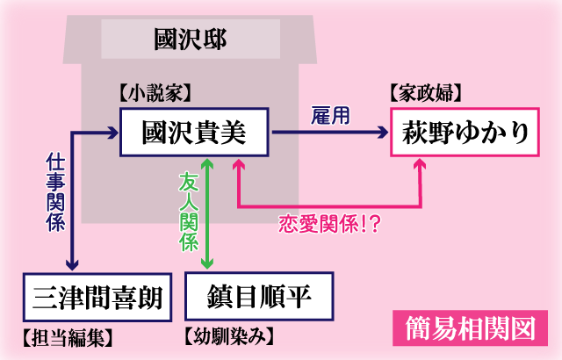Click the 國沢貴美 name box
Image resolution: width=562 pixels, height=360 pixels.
pyautogui.click(x=194, y=133)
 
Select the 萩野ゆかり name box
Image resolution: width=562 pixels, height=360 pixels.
pyautogui.click(x=466, y=133)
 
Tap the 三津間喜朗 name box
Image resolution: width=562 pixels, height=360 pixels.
pyautogui.click(x=94, y=296)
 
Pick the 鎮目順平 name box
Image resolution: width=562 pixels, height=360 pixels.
pyautogui.click(x=260, y=296)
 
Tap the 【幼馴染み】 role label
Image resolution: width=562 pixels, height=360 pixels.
pyautogui.click(x=231, y=335)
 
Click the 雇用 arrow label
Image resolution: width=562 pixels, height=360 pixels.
pyautogui.click(x=330, y=115)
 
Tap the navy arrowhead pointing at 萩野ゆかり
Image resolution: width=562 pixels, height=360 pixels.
pyautogui.click(x=382, y=133)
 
